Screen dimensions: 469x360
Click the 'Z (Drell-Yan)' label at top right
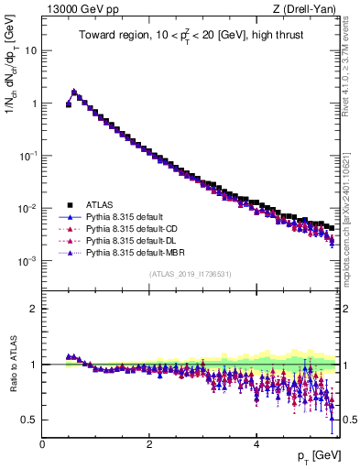[309, 9]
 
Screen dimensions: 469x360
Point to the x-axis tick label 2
[149, 443]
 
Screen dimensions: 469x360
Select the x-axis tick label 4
[256, 443]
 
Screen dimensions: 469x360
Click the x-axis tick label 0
[43, 443]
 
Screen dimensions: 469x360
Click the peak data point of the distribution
[74, 92]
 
